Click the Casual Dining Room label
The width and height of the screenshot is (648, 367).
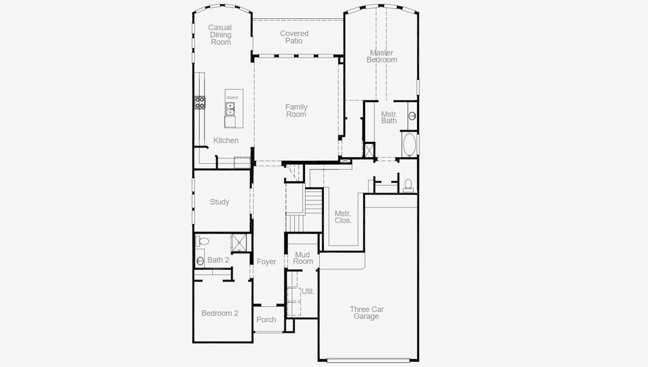click(220, 35)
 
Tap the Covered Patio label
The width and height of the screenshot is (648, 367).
click(294, 37)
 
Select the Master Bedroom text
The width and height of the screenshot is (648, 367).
click(382, 56)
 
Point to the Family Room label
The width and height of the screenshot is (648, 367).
click(296, 111)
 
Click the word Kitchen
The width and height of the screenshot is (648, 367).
click(225, 141)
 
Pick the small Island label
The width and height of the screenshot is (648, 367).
click(232, 98)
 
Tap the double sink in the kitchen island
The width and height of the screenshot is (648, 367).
click(231, 109)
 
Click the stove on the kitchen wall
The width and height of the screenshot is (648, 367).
click(200, 102)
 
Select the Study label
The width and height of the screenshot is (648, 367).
click(219, 202)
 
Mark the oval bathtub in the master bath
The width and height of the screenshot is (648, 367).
click(409, 146)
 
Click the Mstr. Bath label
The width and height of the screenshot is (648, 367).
click(389, 117)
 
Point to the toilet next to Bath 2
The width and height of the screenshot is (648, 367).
click(203, 242)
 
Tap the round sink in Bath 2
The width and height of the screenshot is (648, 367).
click(200, 261)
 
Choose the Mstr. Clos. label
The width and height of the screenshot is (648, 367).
click(343, 217)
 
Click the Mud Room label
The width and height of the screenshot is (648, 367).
click(303, 258)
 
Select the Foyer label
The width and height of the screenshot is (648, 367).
click(266, 262)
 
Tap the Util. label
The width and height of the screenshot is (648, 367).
click(307, 291)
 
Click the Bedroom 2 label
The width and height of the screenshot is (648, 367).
click(219, 313)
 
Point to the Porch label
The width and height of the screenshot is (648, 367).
click(266, 319)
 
